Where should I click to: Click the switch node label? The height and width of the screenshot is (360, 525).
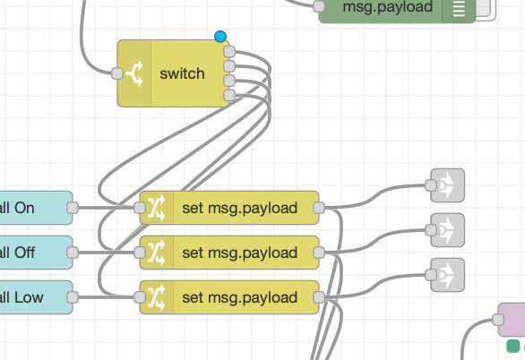[182, 73]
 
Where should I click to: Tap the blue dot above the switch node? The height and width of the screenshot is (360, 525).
[220, 36]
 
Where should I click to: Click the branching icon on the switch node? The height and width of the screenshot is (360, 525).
[134, 73]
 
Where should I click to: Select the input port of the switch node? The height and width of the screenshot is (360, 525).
[117, 73]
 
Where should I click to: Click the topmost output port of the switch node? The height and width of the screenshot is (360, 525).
[229, 52]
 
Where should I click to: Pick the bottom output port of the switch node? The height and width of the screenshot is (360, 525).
[229, 95]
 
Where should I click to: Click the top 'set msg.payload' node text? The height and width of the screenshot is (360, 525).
[240, 208]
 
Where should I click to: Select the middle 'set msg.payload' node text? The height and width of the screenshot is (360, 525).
[240, 253]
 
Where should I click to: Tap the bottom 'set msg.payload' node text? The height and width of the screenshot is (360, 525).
[240, 297]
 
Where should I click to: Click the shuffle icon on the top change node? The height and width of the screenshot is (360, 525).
[157, 208]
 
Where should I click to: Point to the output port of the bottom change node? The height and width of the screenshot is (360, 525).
[319, 297]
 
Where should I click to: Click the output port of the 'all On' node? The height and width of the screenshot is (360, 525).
[73, 208]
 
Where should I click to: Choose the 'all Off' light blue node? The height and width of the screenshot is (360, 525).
[36, 253]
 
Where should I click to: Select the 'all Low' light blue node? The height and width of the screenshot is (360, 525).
[36, 297]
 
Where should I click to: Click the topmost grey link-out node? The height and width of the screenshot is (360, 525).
[448, 185]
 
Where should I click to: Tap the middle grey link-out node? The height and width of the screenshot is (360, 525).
[448, 230]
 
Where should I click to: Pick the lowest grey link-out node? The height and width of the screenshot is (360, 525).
[448, 275]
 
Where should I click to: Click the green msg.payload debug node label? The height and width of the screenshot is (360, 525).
[387, 6]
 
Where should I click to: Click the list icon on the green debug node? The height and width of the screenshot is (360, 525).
[459, 7]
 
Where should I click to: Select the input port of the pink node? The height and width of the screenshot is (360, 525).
[498, 320]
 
